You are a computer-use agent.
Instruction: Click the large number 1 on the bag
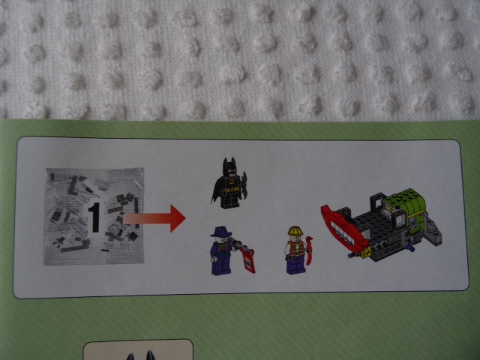pyautogui.click(x=94, y=217)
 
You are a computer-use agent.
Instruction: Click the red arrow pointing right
pyautogui.click(x=154, y=218)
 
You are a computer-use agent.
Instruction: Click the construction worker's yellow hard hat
pyautogui.click(x=295, y=230)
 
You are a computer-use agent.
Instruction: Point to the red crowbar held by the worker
pyautogui.click(x=310, y=250)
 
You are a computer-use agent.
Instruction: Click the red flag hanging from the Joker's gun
pyautogui.click(x=248, y=260)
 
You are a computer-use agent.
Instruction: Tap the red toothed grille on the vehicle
pyautogui.click(x=343, y=226)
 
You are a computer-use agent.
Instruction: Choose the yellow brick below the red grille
pyautogui.click(x=365, y=252)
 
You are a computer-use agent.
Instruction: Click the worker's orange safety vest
pyautogui.click(x=296, y=248)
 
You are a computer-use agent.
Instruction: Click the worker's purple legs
pyautogui.click(x=295, y=266)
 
